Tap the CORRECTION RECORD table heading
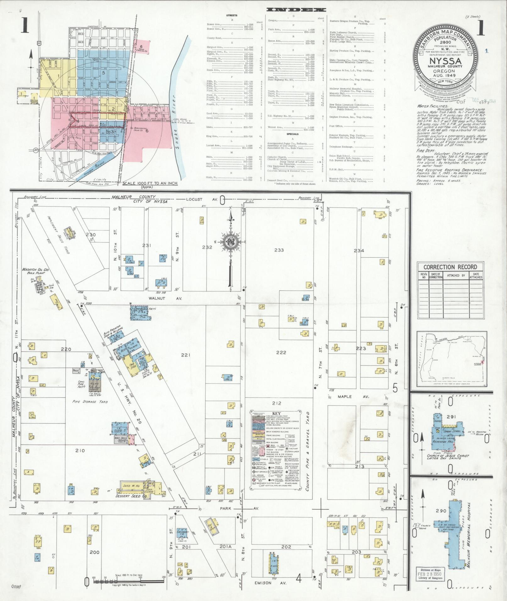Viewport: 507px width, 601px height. tap(450, 267)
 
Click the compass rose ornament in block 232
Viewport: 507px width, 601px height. tap(231, 243)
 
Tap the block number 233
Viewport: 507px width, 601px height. tap(279, 250)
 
